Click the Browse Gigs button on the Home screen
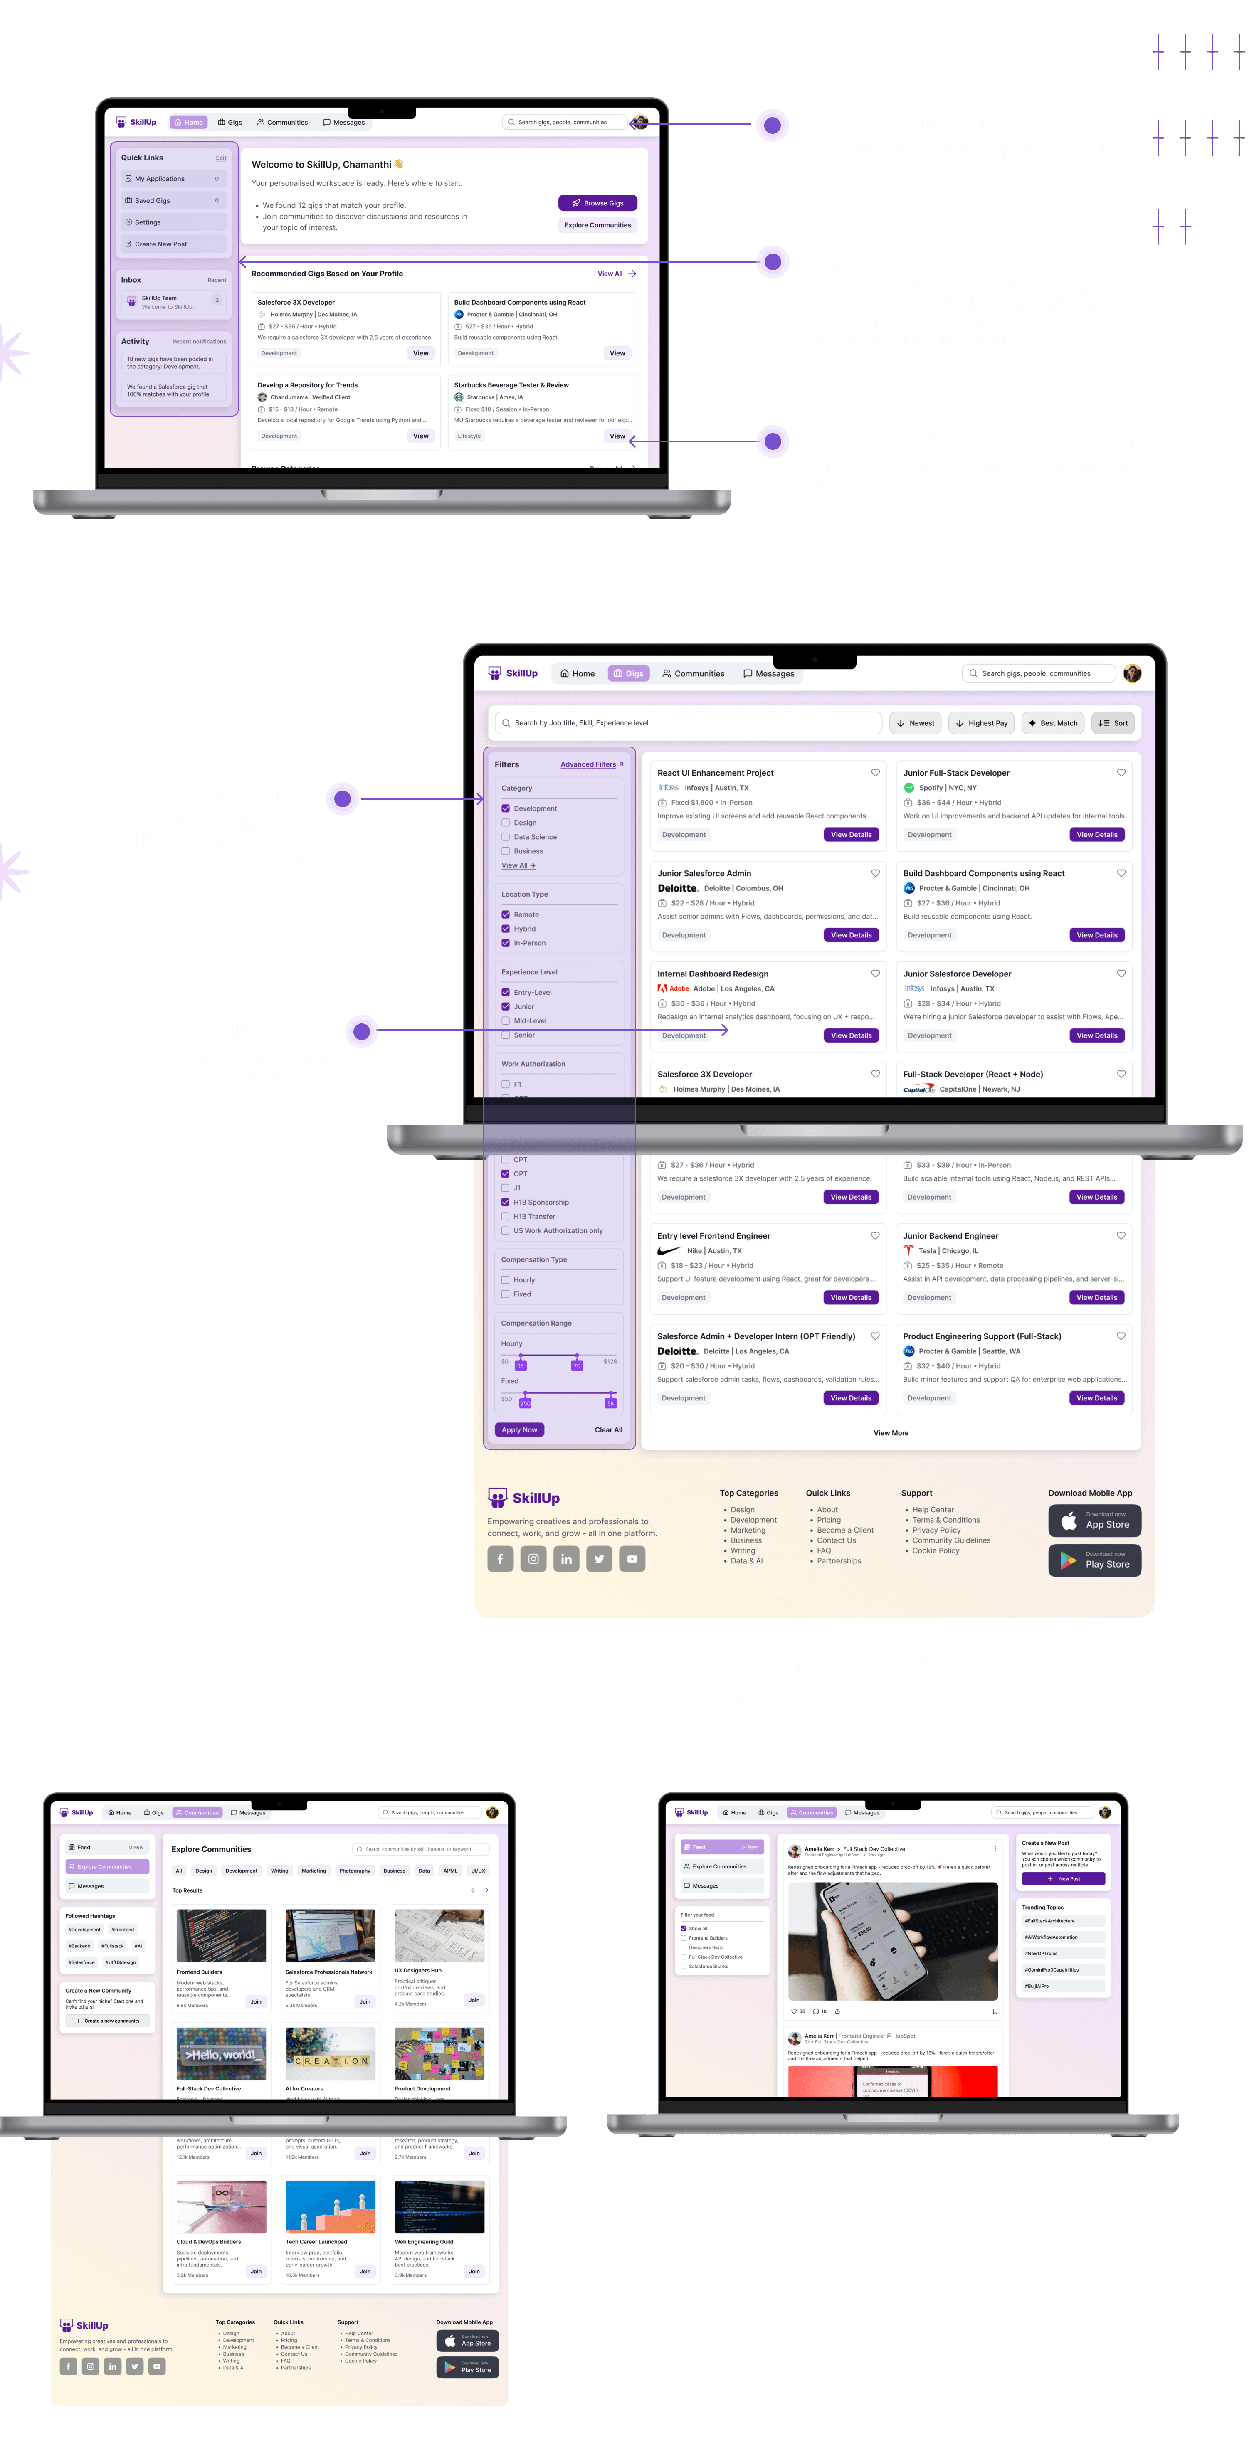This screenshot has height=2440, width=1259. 598,203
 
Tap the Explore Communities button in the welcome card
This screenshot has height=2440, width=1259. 598,225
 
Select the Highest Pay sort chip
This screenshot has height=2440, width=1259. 981,723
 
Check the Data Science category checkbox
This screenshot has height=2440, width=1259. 506,837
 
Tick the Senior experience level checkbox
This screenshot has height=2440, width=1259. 506,1035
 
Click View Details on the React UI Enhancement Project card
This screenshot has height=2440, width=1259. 851,835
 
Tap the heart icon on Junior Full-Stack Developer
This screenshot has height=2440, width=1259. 1121,773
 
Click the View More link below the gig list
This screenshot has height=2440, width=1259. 891,1433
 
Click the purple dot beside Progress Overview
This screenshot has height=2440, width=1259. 773,261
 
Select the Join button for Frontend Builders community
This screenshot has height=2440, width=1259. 256,2001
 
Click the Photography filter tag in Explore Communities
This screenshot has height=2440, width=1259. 354,1871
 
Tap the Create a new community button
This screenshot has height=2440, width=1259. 108,2021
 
